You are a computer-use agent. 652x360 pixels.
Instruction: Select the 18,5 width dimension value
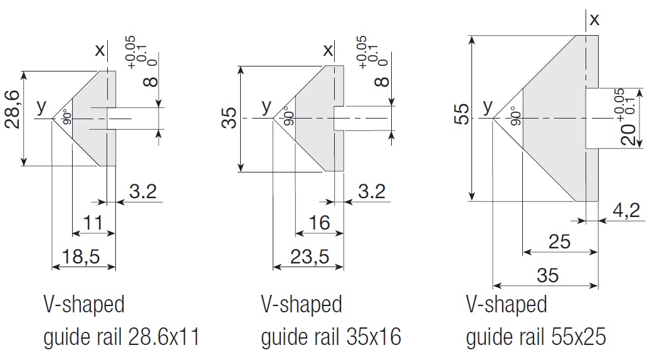pos(83,256)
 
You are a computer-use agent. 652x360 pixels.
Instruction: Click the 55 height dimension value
pos(462,115)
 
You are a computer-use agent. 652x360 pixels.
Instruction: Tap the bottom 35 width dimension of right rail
pos(547,275)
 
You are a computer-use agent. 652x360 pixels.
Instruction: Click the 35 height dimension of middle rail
pos(231,117)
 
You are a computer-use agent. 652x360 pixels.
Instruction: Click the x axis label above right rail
pos(594,19)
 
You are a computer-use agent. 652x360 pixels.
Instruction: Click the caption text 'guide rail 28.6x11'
pos(121,338)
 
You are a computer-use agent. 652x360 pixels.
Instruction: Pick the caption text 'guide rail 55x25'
pos(535,338)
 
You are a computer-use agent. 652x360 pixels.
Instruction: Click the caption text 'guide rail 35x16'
pos(330,338)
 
